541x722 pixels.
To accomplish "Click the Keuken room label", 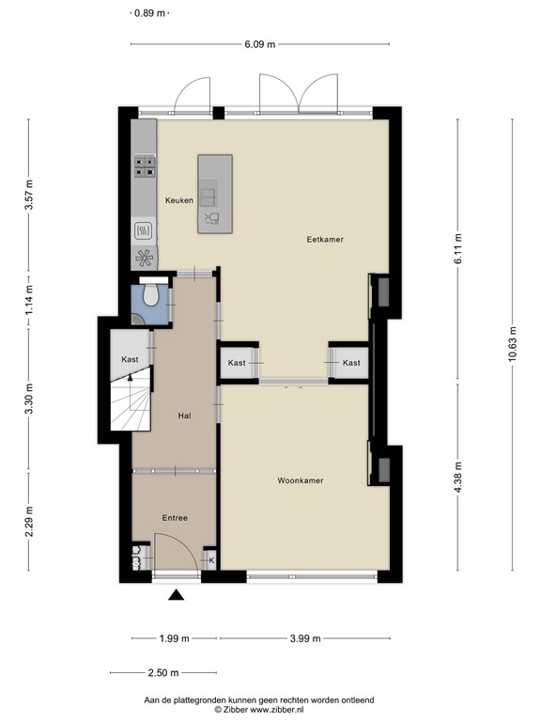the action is (x=179, y=200).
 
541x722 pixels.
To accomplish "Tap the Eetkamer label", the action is (x=325, y=240).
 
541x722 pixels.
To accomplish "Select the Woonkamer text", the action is (x=301, y=480).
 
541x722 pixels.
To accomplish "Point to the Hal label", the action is (x=184, y=416).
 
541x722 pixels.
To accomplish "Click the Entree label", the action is (x=175, y=518).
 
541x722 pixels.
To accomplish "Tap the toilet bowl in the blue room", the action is (x=150, y=294).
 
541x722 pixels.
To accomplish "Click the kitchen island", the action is (x=215, y=194).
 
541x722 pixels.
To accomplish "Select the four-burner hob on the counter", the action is (x=145, y=166).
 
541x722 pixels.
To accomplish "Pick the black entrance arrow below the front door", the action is (x=177, y=595).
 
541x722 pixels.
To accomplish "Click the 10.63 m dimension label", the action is (x=513, y=344).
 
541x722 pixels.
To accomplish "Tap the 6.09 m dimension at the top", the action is (x=260, y=44).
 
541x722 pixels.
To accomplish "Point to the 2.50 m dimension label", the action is (x=163, y=673).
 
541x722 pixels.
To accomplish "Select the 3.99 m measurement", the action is (x=305, y=638).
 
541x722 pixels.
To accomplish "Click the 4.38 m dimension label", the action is (x=457, y=477).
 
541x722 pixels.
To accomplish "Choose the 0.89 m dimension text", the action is (x=149, y=13).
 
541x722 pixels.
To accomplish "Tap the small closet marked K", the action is (x=209, y=559).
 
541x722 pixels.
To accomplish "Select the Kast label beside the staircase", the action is (x=130, y=359).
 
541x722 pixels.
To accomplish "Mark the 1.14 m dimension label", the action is (x=29, y=300).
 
